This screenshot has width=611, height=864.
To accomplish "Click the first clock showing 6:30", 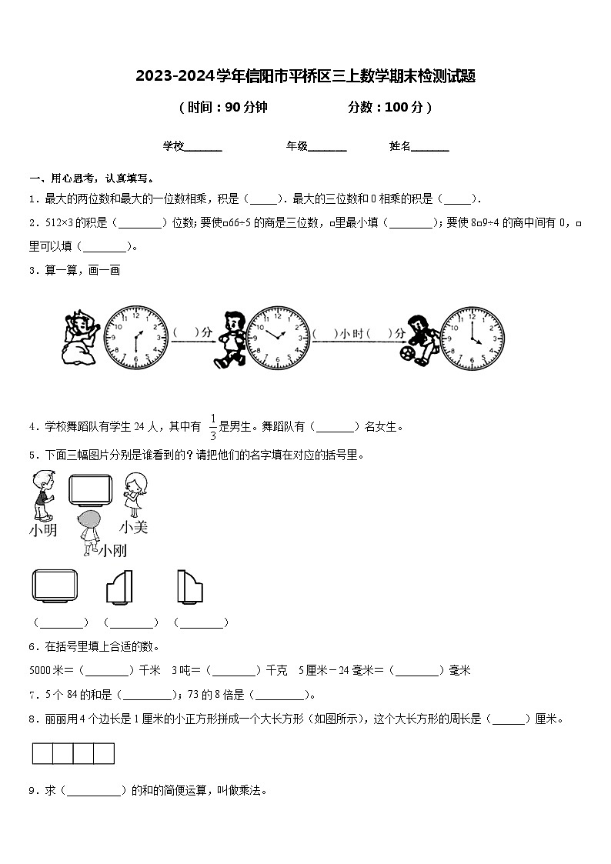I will click(136, 338).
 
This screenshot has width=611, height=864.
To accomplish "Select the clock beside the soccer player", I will click(472, 338).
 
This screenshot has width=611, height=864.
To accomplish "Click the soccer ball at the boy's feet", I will click(406, 355).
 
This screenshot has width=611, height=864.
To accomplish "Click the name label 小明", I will click(43, 530).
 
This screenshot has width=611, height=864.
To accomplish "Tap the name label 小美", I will click(133, 527).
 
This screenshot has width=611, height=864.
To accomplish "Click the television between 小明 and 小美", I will click(91, 490).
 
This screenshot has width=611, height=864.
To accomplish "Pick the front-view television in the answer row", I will click(55, 586).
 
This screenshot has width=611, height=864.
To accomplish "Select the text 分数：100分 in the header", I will click(389, 108).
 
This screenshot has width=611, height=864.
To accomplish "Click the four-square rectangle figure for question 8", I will click(73, 753).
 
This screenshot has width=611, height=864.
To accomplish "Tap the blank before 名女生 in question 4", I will click(336, 426).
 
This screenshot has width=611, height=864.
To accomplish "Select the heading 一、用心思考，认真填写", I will click(85, 177).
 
